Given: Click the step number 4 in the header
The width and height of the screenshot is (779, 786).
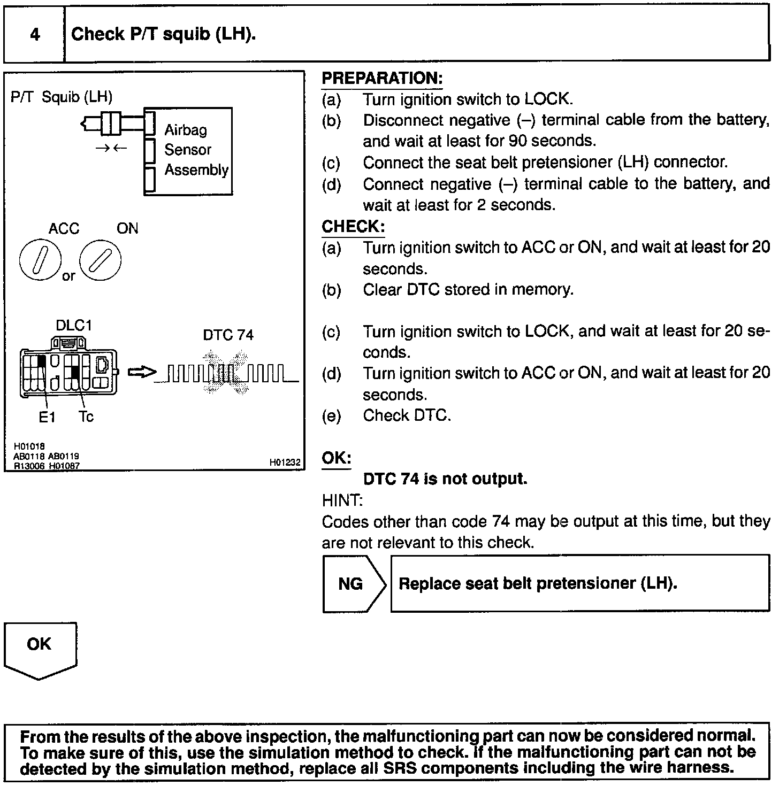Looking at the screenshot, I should [x=35, y=35].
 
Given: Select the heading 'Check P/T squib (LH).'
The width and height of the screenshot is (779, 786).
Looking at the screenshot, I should [x=164, y=35].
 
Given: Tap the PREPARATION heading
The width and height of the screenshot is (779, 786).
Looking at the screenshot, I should [x=382, y=79].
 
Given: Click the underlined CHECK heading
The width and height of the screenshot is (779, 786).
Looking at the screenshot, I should [x=353, y=227].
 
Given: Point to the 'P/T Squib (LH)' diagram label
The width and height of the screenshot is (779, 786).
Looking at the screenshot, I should [x=62, y=97].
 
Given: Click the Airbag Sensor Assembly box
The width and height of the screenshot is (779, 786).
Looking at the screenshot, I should [x=188, y=151].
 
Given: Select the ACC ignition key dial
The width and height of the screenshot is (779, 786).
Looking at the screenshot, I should [x=40, y=260].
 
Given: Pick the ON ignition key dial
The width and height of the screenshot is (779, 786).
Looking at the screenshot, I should [x=100, y=260].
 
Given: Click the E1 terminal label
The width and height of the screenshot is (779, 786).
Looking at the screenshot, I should [x=47, y=417].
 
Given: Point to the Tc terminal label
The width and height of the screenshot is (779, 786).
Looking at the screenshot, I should [x=86, y=417].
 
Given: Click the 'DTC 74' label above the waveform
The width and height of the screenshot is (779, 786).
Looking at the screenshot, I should [x=228, y=335].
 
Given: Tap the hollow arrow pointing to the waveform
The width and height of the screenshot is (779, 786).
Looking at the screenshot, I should [x=142, y=372].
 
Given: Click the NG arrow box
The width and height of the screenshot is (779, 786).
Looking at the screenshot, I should [x=353, y=584].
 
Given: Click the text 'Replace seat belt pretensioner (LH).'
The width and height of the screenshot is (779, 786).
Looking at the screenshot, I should [x=538, y=583].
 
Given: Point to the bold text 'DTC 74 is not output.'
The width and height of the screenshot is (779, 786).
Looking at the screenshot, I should [x=445, y=479].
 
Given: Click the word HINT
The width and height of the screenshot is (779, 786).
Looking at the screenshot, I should [x=342, y=501].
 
